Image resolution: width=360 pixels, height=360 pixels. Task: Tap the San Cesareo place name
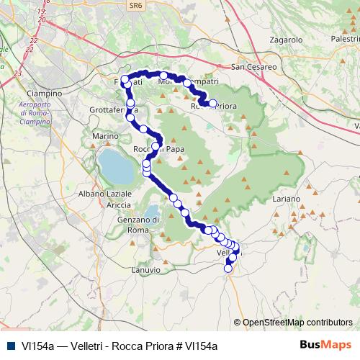(254, 67)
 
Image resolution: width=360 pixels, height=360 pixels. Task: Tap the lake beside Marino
(115, 166)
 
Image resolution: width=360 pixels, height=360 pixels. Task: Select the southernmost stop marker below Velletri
(229, 269)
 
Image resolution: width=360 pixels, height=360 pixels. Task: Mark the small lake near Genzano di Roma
(153, 217)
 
